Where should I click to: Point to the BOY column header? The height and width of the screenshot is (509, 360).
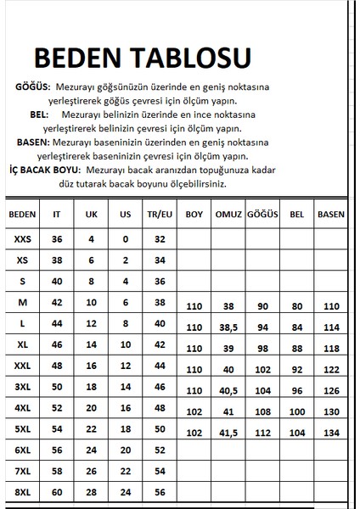tap(194, 215)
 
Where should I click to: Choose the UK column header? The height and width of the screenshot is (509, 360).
tap(92, 215)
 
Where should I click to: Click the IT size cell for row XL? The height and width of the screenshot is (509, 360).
tap(58, 345)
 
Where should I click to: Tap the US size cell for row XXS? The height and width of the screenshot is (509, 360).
tap(125, 240)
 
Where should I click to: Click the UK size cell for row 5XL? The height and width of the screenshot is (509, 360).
tap(92, 430)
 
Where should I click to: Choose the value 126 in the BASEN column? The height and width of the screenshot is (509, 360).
tap(329, 391)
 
